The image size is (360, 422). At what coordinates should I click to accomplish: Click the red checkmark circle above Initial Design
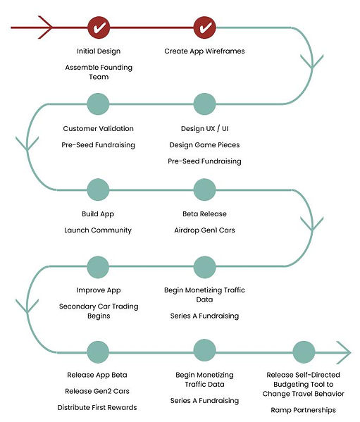point(99,27)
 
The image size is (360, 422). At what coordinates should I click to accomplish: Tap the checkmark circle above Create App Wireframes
point(204,27)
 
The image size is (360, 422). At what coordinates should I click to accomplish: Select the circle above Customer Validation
point(98,104)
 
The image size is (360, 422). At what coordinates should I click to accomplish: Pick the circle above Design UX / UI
point(204,104)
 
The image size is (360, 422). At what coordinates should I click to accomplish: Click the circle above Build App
point(98,190)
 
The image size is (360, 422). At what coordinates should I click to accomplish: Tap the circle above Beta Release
point(204,190)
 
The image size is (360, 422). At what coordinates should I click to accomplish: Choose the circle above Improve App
point(98,267)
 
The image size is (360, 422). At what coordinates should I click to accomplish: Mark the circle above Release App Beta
point(98,352)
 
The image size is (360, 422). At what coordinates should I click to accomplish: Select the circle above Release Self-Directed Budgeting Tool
point(304,352)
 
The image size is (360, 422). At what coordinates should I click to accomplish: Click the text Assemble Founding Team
point(99,72)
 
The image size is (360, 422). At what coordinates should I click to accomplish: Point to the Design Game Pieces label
point(204,145)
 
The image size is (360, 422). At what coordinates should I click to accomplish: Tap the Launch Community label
point(98,230)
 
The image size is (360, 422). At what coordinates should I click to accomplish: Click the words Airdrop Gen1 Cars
point(204,230)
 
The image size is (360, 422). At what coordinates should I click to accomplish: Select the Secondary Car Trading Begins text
point(99,311)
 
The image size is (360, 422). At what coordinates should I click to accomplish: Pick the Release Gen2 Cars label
point(97,391)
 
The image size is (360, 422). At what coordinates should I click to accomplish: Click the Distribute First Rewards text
point(97,407)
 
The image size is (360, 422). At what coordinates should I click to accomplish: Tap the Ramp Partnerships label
point(303,410)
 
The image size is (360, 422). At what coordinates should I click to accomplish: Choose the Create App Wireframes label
point(204,51)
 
